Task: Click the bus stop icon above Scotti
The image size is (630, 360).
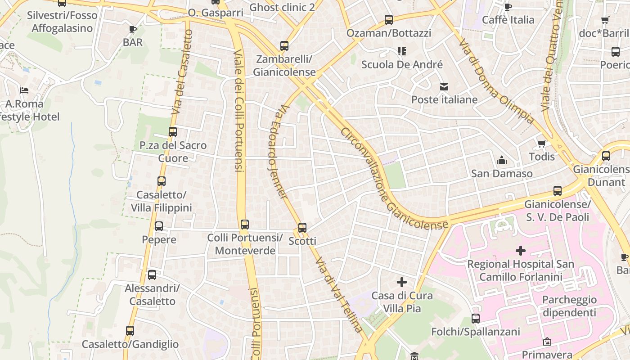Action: coord(302,228)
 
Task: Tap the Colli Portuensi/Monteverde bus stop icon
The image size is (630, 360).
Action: coord(245,224)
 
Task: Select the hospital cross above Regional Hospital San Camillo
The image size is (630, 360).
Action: coord(521,251)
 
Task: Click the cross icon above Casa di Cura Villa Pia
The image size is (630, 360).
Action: coord(402,282)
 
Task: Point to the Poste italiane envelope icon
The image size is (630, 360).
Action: coord(444,86)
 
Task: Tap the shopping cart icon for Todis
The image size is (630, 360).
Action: coord(542,144)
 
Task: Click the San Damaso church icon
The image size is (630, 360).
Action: coord(502,160)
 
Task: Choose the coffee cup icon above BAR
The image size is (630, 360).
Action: coord(133,29)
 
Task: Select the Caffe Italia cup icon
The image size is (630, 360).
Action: coord(508,7)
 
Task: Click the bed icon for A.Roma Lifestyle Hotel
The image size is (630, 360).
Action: coord(24,90)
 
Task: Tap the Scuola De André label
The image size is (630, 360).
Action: coord(402,64)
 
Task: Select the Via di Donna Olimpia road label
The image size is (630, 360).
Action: coord(496,81)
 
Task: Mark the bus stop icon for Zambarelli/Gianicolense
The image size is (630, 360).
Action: coord(284,46)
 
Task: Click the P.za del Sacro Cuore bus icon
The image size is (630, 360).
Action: coord(173,132)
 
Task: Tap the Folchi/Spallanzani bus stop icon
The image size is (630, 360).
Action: coord(476,319)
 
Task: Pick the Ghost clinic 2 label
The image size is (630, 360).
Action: coord(282,7)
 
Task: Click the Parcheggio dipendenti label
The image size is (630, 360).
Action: coord(569,306)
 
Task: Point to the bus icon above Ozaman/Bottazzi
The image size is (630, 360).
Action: coord(389,20)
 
